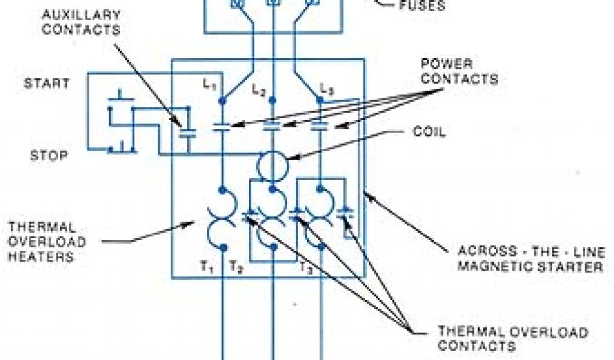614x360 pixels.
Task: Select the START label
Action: (x=47, y=83)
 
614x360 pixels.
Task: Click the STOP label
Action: (x=49, y=156)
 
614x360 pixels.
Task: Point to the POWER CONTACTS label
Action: (x=459, y=71)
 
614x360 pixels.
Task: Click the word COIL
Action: (x=429, y=133)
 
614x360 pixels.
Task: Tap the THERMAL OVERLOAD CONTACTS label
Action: (x=512, y=338)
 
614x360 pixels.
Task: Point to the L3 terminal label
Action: (x=326, y=89)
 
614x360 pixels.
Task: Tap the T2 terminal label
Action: (x=236, y=268)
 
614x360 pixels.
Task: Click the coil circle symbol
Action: (x=273, y=165)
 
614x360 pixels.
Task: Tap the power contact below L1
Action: (x=222, y=127)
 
